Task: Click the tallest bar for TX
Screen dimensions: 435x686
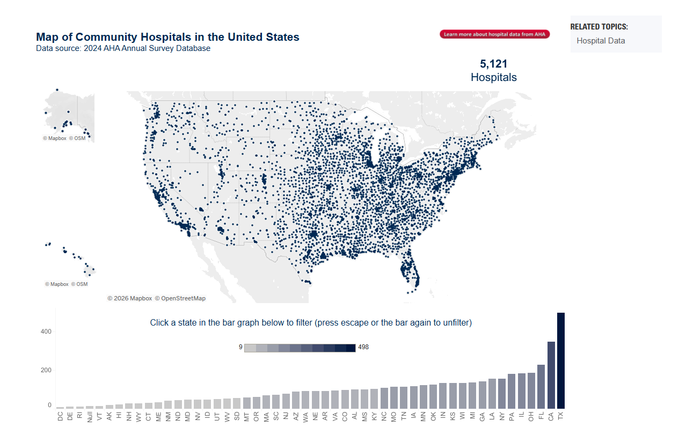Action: tap(561, 360)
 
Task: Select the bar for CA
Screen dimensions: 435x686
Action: tap(551, 375)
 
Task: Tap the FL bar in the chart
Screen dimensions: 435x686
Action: tap(541, 387)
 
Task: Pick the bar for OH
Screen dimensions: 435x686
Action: tap(531, 390)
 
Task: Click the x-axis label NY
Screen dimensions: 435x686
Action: tap(501, 416)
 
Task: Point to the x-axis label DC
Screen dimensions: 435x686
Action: tap(60, 416)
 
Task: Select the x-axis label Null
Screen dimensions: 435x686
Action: tap(90, 417)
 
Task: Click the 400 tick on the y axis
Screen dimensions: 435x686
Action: tap(46, 332)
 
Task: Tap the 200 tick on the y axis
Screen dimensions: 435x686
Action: tap(46, 370)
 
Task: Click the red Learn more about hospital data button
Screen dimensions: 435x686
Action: tap(494, 34)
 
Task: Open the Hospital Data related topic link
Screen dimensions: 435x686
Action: tap(601, 41)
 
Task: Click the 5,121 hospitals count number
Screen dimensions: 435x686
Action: tap(493, 64)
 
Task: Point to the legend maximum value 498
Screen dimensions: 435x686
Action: tap(363, 348)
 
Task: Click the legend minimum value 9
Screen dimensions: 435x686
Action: tap(240, 348)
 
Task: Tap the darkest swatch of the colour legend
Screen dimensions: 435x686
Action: tap(351, 348)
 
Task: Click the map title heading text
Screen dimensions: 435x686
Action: tap(167, 37)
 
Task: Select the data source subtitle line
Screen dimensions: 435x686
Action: tap(123, 48)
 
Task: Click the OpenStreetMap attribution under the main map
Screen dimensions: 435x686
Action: tap(183, 298)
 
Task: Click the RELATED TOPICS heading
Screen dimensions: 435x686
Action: tap(599, 27)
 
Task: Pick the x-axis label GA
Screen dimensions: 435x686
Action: tap(481, 416)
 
